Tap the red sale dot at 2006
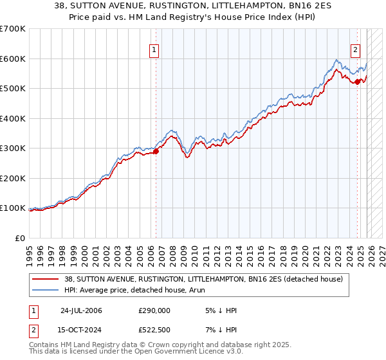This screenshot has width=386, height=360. [155, 152]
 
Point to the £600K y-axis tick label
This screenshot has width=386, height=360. [12, 59]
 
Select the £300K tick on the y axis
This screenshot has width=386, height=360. [12, 148]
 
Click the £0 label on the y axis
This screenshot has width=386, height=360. [21, 238]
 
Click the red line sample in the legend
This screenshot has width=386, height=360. [46, 279]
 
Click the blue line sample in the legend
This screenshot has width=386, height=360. [46, 290]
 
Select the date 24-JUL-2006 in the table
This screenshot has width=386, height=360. [81, 310]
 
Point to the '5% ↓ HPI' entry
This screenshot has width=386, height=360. [219, 310]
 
